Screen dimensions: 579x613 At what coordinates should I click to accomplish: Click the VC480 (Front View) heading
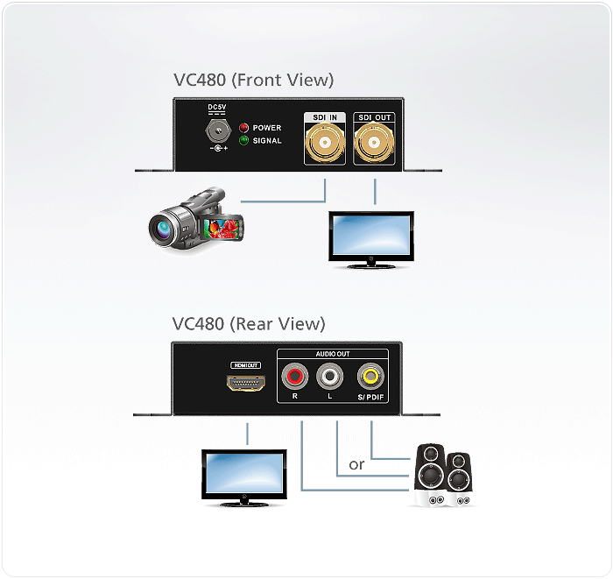coord(253,80)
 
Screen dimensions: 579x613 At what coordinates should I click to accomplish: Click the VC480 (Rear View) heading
coord(249,323)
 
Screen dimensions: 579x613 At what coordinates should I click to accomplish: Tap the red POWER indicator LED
coord(244,128)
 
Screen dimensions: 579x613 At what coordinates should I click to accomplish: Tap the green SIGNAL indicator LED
coord(244,140)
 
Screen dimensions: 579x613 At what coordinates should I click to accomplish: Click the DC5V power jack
coord(215,132)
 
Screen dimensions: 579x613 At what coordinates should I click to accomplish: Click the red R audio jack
coord(295,378)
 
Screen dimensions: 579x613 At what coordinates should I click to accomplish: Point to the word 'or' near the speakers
coord(356,464)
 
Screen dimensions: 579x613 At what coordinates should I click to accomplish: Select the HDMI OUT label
coord(247,365)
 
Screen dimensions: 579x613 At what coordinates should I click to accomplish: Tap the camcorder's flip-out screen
coord(222,228)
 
